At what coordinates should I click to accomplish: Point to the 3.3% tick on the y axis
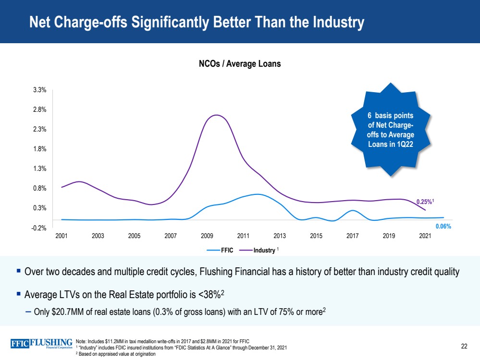coord(40,90)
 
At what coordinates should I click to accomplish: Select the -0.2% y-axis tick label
coord(39,228)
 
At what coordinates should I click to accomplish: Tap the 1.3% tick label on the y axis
coord(40,169)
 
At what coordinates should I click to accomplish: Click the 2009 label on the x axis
coord(207,236)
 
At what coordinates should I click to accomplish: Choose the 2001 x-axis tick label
coord(62,236)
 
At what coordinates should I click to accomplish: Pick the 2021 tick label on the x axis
coord(425,236)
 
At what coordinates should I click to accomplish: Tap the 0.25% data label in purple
coord(424,202)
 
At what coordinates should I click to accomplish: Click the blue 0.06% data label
coord(443,226)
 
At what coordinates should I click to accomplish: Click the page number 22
coord(464,347)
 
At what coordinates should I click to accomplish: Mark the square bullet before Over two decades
coord(18,271)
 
